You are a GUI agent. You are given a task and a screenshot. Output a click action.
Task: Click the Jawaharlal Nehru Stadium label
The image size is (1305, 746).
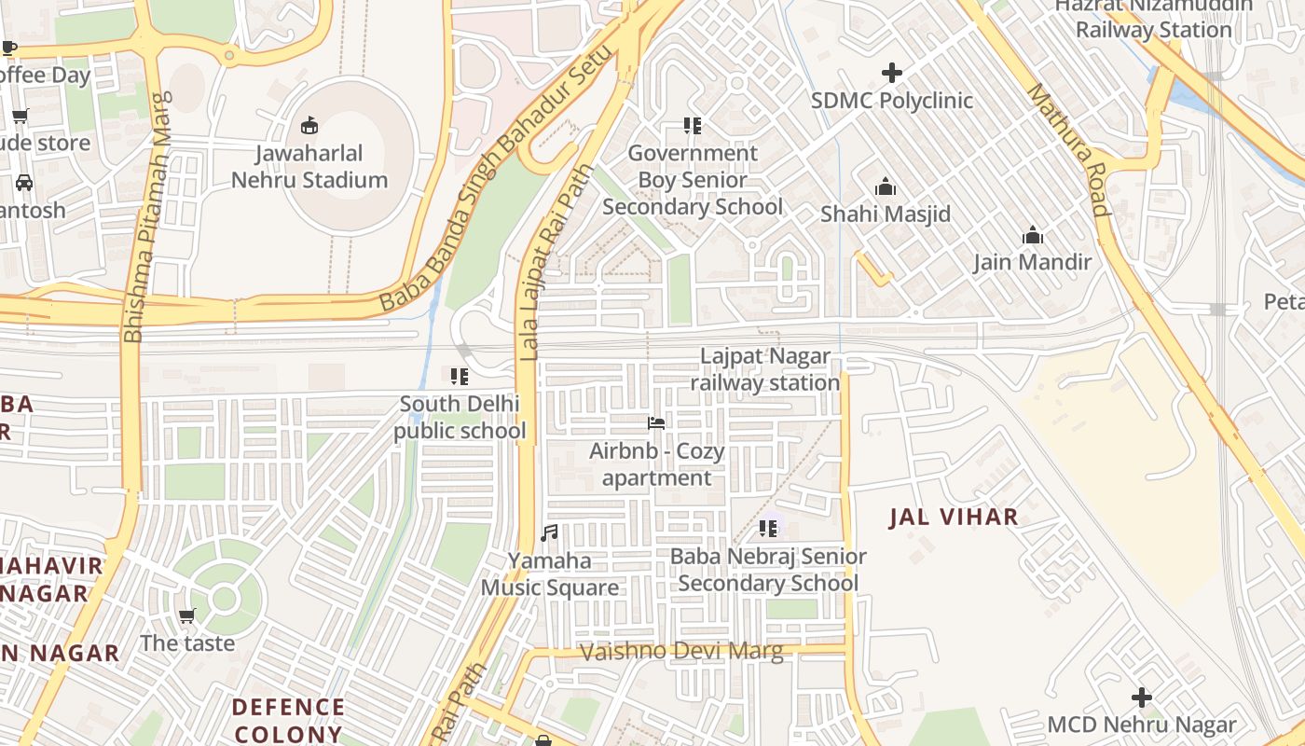309,167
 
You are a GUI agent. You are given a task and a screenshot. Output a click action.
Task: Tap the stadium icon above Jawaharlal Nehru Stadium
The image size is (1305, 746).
309,125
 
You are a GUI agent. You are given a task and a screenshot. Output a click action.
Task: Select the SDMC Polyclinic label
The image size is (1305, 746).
892,101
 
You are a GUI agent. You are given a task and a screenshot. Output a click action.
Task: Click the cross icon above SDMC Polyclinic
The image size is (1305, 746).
892,72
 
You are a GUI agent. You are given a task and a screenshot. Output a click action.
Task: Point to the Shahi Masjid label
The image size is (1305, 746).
886,214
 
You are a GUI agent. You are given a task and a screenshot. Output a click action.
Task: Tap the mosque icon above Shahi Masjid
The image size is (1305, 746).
886,187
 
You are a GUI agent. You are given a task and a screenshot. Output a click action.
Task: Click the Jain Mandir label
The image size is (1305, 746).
1032,262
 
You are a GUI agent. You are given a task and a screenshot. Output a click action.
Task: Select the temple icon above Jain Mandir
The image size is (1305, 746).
1032,235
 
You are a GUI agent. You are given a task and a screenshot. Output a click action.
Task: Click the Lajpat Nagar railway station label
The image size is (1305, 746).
765,370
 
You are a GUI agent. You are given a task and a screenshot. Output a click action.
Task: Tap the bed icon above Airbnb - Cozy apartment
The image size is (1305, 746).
656,423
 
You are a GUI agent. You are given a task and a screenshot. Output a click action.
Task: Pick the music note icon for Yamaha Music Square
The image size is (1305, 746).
550,533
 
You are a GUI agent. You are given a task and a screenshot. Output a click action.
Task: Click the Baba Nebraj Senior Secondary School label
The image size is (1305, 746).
768,570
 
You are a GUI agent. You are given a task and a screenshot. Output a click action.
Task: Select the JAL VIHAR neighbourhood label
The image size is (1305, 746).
954,518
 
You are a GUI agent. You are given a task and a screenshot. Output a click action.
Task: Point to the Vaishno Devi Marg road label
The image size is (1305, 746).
681,652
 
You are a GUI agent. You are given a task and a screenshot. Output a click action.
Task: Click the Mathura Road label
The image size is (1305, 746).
1069,149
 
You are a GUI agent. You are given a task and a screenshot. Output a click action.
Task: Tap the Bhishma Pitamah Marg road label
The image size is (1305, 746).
149,216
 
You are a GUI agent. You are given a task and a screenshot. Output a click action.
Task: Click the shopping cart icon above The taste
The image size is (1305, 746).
187,616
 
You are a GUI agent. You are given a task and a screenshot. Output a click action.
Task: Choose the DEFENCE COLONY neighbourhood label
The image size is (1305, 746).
288,721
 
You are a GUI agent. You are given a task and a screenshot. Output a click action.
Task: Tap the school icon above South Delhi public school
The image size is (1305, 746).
459,377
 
